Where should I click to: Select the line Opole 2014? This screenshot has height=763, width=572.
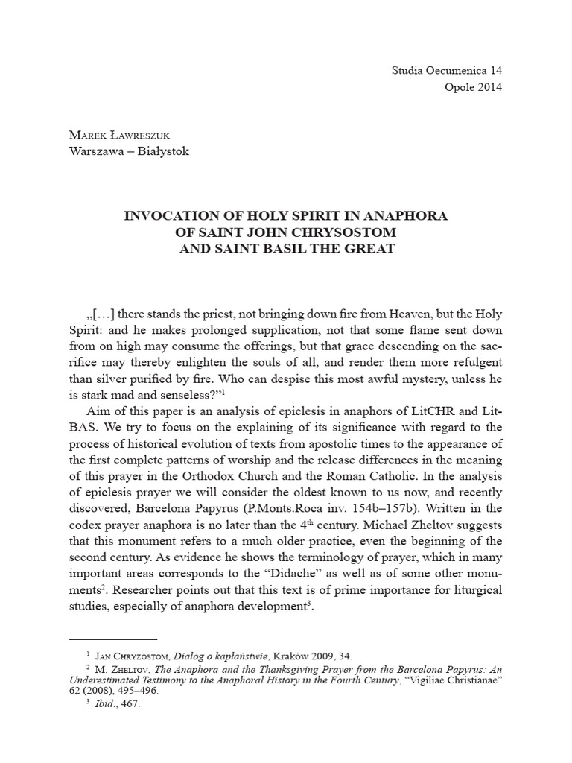coord(455,87)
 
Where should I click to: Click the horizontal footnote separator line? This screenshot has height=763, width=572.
coord(112,639)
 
